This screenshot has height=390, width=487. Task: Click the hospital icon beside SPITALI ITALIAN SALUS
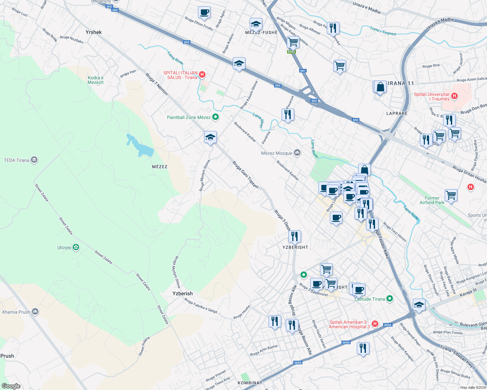point(202,75)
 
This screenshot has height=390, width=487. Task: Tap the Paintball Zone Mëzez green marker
point(215,117)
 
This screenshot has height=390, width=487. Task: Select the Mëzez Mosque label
point(277,153)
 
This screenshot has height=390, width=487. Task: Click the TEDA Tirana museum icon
point(34,160)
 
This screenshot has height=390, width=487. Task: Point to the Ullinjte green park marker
point(76,248)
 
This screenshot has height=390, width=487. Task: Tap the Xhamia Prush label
point(16,312)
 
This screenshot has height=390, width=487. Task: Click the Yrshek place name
point(93,32)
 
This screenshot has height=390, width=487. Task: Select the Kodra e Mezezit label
point(96,80)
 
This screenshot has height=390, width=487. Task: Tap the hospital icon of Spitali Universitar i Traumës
point(454,96)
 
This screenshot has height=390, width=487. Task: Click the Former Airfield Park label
point(432,200)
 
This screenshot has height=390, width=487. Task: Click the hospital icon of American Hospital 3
point(375,324)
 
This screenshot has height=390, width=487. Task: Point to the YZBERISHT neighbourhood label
point(295,247)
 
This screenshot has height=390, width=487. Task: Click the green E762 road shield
point(291,52)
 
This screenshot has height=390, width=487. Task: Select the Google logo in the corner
point(11,386)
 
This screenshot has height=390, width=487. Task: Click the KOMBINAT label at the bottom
point(250,383)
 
